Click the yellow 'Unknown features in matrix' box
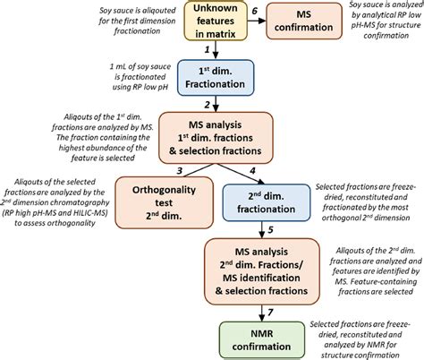pos(216,19)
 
